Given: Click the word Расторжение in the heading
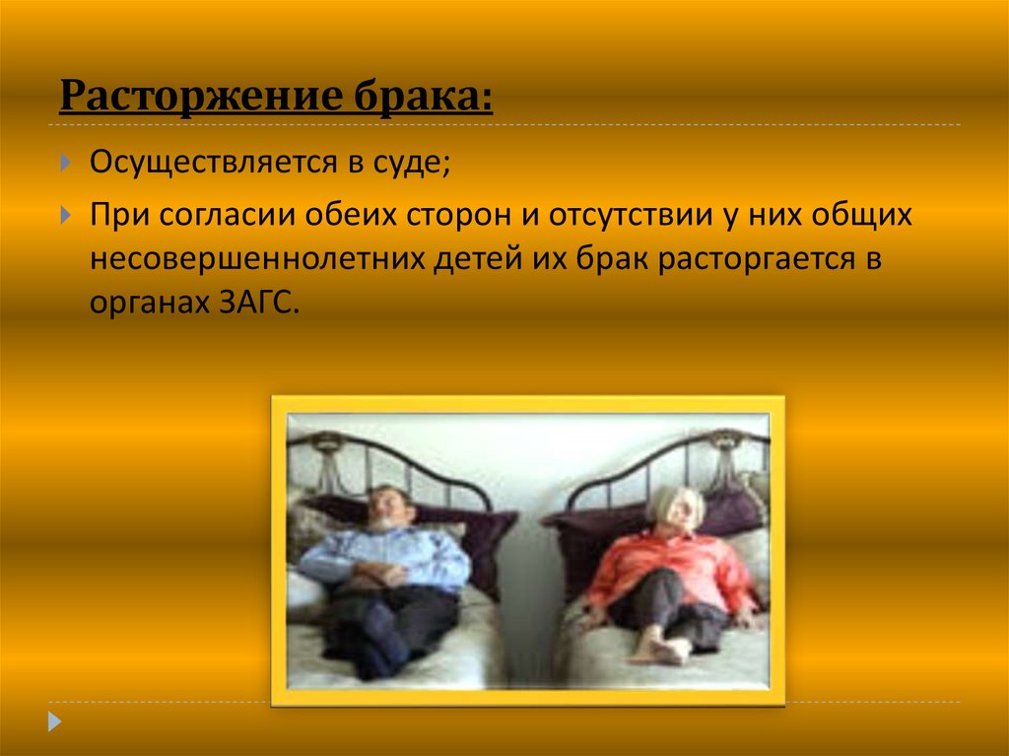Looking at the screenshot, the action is (x=201, y=98).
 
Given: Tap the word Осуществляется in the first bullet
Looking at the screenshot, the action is (x=214, y=163).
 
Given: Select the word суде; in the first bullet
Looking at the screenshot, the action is (x=411, y=163).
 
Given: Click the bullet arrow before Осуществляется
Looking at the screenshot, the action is (x=66, y=162).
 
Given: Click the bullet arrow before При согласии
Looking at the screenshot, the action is (x=66, y=215).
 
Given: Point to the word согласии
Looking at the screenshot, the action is (x=228, y=215).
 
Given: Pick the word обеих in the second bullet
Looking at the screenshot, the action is (x=351, y=215).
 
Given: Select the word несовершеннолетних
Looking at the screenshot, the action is (x=256, y=259).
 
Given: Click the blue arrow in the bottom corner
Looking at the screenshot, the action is (x=55, y=722).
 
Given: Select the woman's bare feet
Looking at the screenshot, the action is (x=658, y=648).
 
